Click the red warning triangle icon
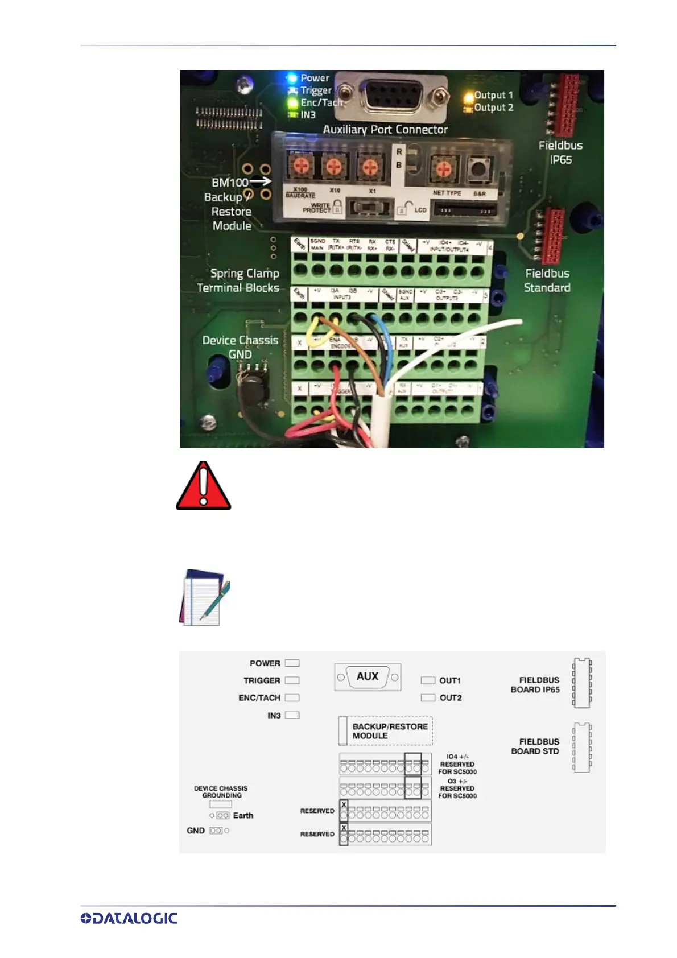(203, 486)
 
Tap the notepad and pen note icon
(205, 597)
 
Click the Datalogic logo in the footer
(129, 918)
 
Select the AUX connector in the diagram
(368, 677)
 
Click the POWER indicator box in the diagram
(292, 663)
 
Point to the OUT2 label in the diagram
(451, 698)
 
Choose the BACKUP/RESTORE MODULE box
(386, 731)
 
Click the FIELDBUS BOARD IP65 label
(535, 685)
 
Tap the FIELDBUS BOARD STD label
(535, 746)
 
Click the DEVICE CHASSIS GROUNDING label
(221, 792)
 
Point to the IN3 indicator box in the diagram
(292, 716)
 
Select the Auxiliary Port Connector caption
(385, 130)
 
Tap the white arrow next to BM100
(260, 181)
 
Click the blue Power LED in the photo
(292, 78)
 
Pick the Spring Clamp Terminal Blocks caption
(238, 280)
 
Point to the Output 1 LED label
(493, 95)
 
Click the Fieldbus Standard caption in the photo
(547, 280)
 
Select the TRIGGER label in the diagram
(262, 680)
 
